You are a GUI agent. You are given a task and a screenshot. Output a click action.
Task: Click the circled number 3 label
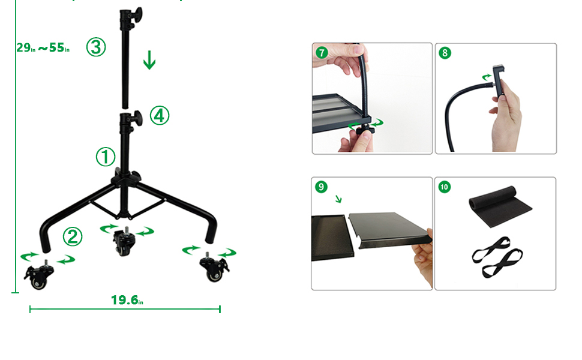point(96,47)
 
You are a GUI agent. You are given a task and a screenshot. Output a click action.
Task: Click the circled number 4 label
point(159,116)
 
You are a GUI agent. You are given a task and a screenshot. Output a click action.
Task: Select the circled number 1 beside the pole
point(106,157)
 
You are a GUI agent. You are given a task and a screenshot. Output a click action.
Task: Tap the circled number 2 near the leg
point(73,238)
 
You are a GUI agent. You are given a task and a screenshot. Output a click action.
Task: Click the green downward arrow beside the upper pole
point(149,60)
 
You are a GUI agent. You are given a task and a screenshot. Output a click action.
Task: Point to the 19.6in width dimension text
point(127,300)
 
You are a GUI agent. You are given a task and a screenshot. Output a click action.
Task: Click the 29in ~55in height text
point(43,48)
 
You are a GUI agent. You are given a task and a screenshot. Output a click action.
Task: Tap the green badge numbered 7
point(322,53)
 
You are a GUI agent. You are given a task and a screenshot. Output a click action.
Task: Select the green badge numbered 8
point(445,53)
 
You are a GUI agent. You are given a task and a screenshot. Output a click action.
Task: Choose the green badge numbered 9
point(322,187)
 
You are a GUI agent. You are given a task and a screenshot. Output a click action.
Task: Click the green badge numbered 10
point(445,187)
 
